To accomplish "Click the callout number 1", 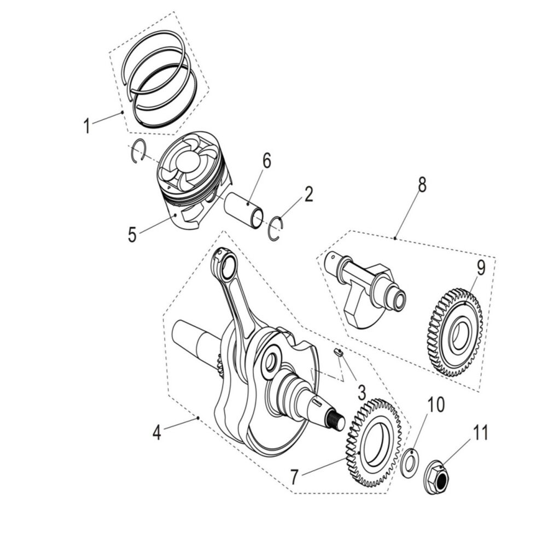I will [86, 126].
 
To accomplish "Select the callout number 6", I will [266, 161].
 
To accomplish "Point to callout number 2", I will [309, 194].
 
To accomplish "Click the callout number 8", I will [422, 185].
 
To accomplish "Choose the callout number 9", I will [480, 268].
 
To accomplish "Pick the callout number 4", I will [157, 433].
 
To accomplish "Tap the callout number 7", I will [295, 477].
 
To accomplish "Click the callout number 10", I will [436, 405].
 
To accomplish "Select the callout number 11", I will [480, 433].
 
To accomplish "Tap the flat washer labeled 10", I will [407, 462].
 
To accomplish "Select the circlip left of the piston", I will [140, 150].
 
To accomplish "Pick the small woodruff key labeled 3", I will [339, 353].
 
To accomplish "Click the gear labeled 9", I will [454, 333].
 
